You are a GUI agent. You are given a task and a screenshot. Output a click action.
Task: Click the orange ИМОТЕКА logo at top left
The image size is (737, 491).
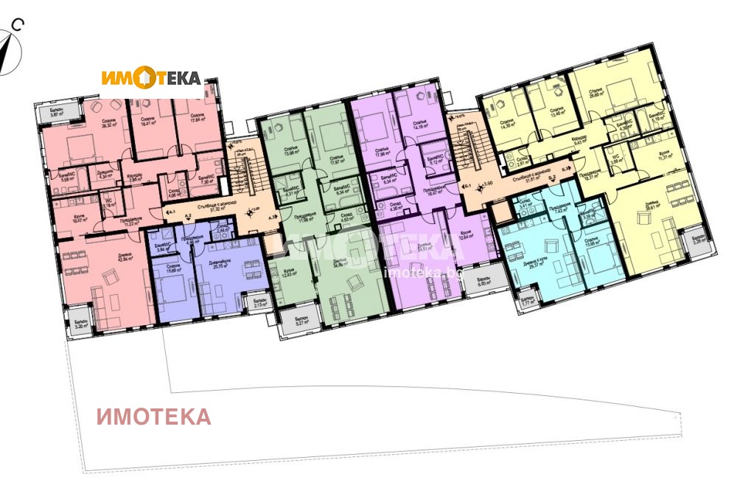click(151, 77)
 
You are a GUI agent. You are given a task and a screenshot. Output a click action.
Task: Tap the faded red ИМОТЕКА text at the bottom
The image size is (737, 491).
click(154, 417)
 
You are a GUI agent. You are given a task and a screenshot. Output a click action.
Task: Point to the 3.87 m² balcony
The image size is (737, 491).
click(57, 112)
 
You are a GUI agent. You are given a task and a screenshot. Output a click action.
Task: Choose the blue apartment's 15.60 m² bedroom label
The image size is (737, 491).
click(174, 269)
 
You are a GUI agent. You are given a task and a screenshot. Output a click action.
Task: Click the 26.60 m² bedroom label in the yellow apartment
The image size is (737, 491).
click(595, 94)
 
